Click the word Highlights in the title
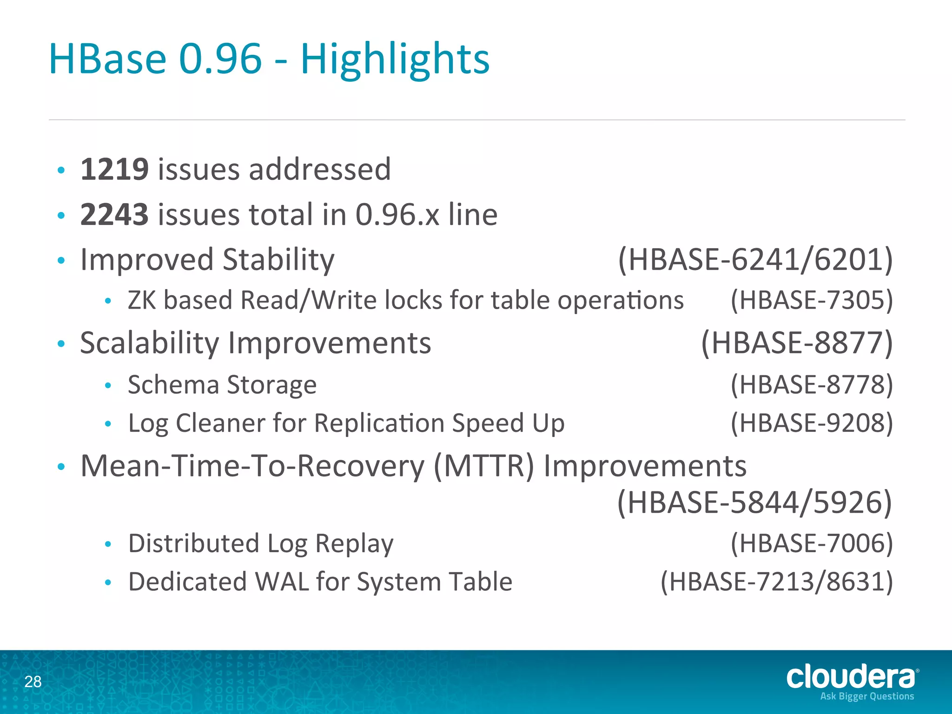(395, 59)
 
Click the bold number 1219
(114, 169)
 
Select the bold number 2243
(114, 215)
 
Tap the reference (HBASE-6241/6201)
(755, 259)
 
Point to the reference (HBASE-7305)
(812, 300)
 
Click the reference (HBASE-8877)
(797, 343)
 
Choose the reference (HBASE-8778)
(812, 385)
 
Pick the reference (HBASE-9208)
(812, 423)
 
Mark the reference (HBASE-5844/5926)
(754, 503)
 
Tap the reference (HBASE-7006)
(812, 543)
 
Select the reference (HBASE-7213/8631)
(777, 582)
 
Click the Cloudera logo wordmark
(851, 677)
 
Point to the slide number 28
(33, 682)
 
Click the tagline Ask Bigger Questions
(867, 696)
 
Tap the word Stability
(278, 259)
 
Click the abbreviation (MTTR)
(484, 466)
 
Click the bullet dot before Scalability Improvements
(61, 344)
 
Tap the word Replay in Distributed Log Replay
(354, 543)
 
